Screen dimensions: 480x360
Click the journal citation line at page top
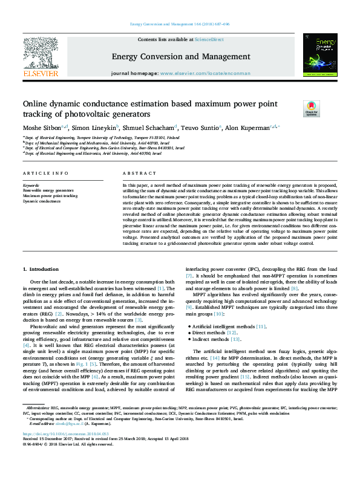[180, 25]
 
